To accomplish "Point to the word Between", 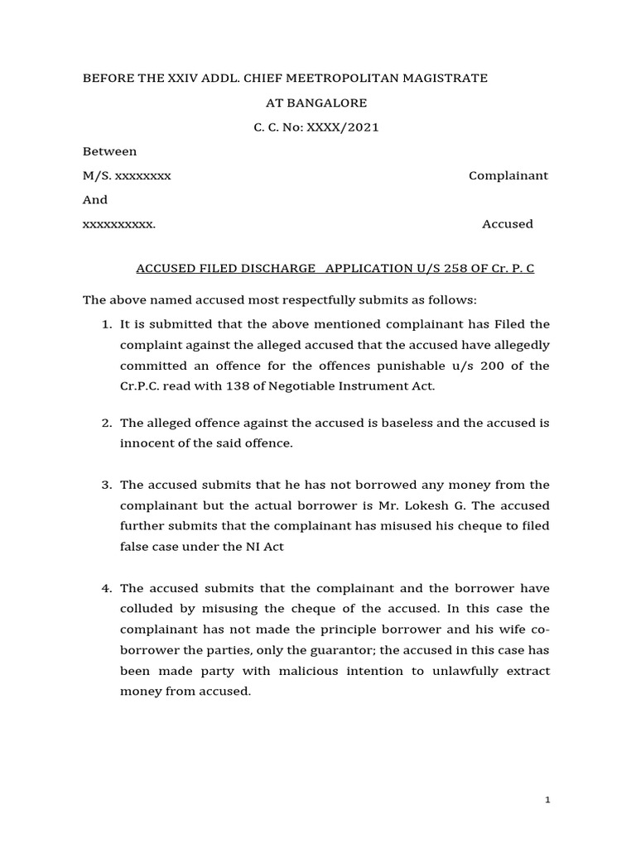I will click(110, 151).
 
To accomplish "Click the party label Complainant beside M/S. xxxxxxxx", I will click(508, 175).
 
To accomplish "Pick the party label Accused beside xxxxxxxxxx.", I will click(508, 224).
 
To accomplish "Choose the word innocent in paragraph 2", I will click(146, 443).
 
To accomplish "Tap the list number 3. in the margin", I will click(107, 485).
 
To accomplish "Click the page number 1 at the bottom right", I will click(548, 800).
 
